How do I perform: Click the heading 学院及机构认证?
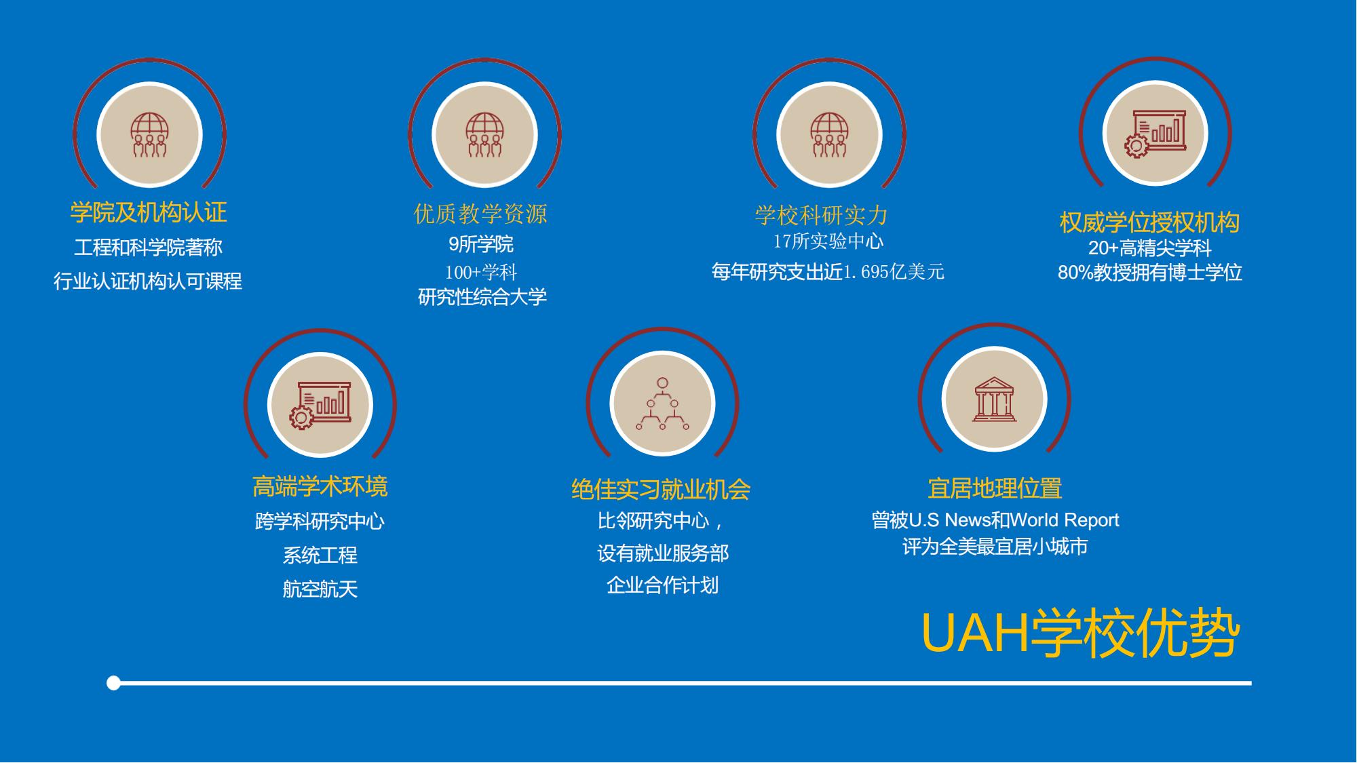point(149,212)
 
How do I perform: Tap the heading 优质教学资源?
point(480,214)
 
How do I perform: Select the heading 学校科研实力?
point(822,216)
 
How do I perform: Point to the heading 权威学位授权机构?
point(1149,222)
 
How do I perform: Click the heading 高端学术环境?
point(320,486)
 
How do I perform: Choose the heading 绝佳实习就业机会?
point(661,490)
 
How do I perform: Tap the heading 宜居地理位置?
point(995,488)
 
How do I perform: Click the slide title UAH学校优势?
point(1080,634)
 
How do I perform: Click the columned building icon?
point(995,399)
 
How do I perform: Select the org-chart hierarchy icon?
point(662,404)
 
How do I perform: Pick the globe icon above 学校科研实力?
point(829,135)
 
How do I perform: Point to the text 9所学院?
point(481,244)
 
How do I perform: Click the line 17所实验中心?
point(828,241)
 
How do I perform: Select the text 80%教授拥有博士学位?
point(1150,273)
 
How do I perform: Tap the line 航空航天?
point(320,589)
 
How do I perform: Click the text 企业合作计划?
point(662,585)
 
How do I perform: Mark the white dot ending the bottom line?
point(114,683)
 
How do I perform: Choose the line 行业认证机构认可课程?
point(148,281)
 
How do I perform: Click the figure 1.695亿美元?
point(894,272)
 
